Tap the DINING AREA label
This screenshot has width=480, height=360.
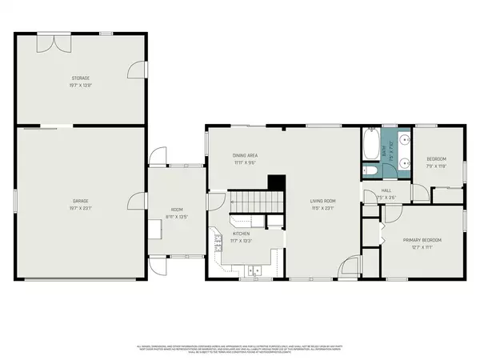point(245,155)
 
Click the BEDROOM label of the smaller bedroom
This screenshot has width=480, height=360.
point(437,158)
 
